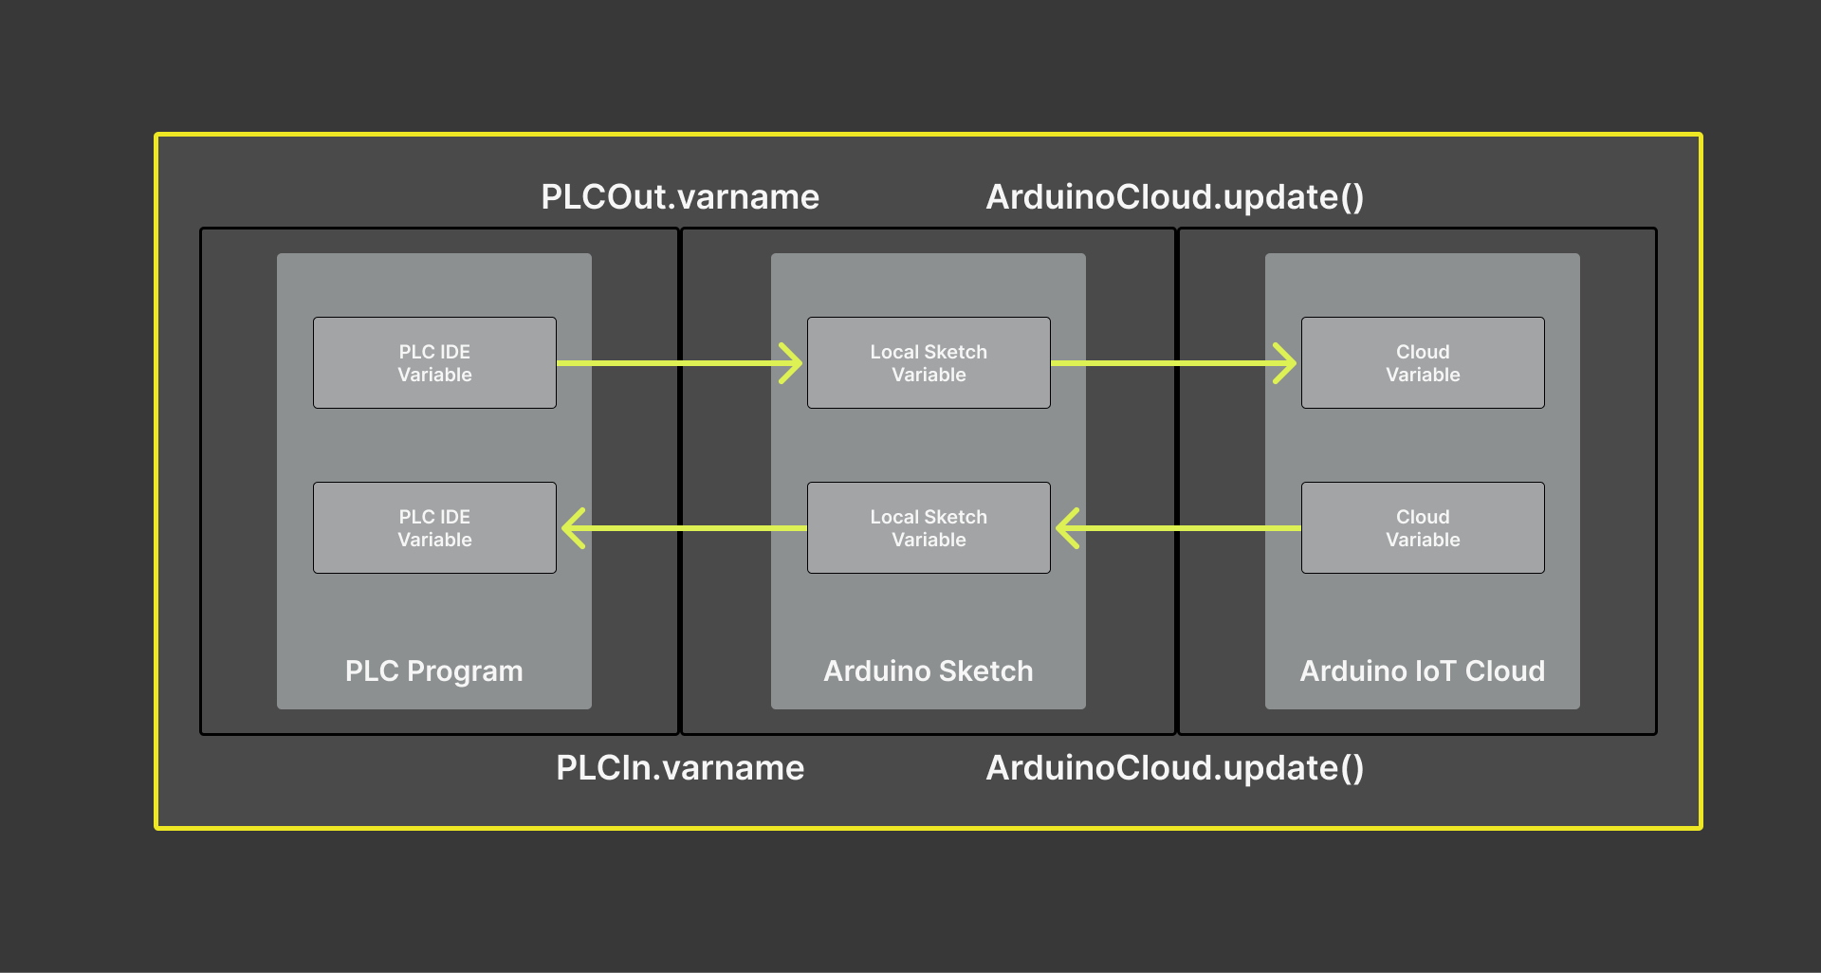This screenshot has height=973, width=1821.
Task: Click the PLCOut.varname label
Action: [x=679, y=197]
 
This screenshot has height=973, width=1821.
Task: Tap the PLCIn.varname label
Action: [x=679, y=768]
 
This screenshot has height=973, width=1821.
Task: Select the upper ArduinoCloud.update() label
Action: [x=1174, y=197]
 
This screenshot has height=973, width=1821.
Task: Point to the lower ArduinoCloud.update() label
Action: [x=1174, y=768]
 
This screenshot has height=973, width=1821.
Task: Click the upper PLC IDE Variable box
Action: [x=434, y=363]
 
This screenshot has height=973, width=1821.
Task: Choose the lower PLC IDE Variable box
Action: [x=434, y=528]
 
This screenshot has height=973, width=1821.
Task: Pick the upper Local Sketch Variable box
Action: [x=929, y=363]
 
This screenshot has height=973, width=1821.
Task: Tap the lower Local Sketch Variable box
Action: [x=929, y=528]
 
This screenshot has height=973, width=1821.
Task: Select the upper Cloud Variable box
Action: [x=1423, y=363]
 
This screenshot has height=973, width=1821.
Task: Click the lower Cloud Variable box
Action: [x=1423, y=528]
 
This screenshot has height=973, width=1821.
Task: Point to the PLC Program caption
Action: [x=433, y=671]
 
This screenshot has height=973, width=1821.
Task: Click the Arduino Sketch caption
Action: [x=928, y=671]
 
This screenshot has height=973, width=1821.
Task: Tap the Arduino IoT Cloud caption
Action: [x=1422, y=671]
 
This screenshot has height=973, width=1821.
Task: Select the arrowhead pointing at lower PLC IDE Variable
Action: [x=572, y=528]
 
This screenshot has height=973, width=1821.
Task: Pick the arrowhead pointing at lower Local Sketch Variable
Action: [x=1066, y=528]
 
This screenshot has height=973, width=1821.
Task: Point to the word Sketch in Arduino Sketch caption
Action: [x=986, y=671]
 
